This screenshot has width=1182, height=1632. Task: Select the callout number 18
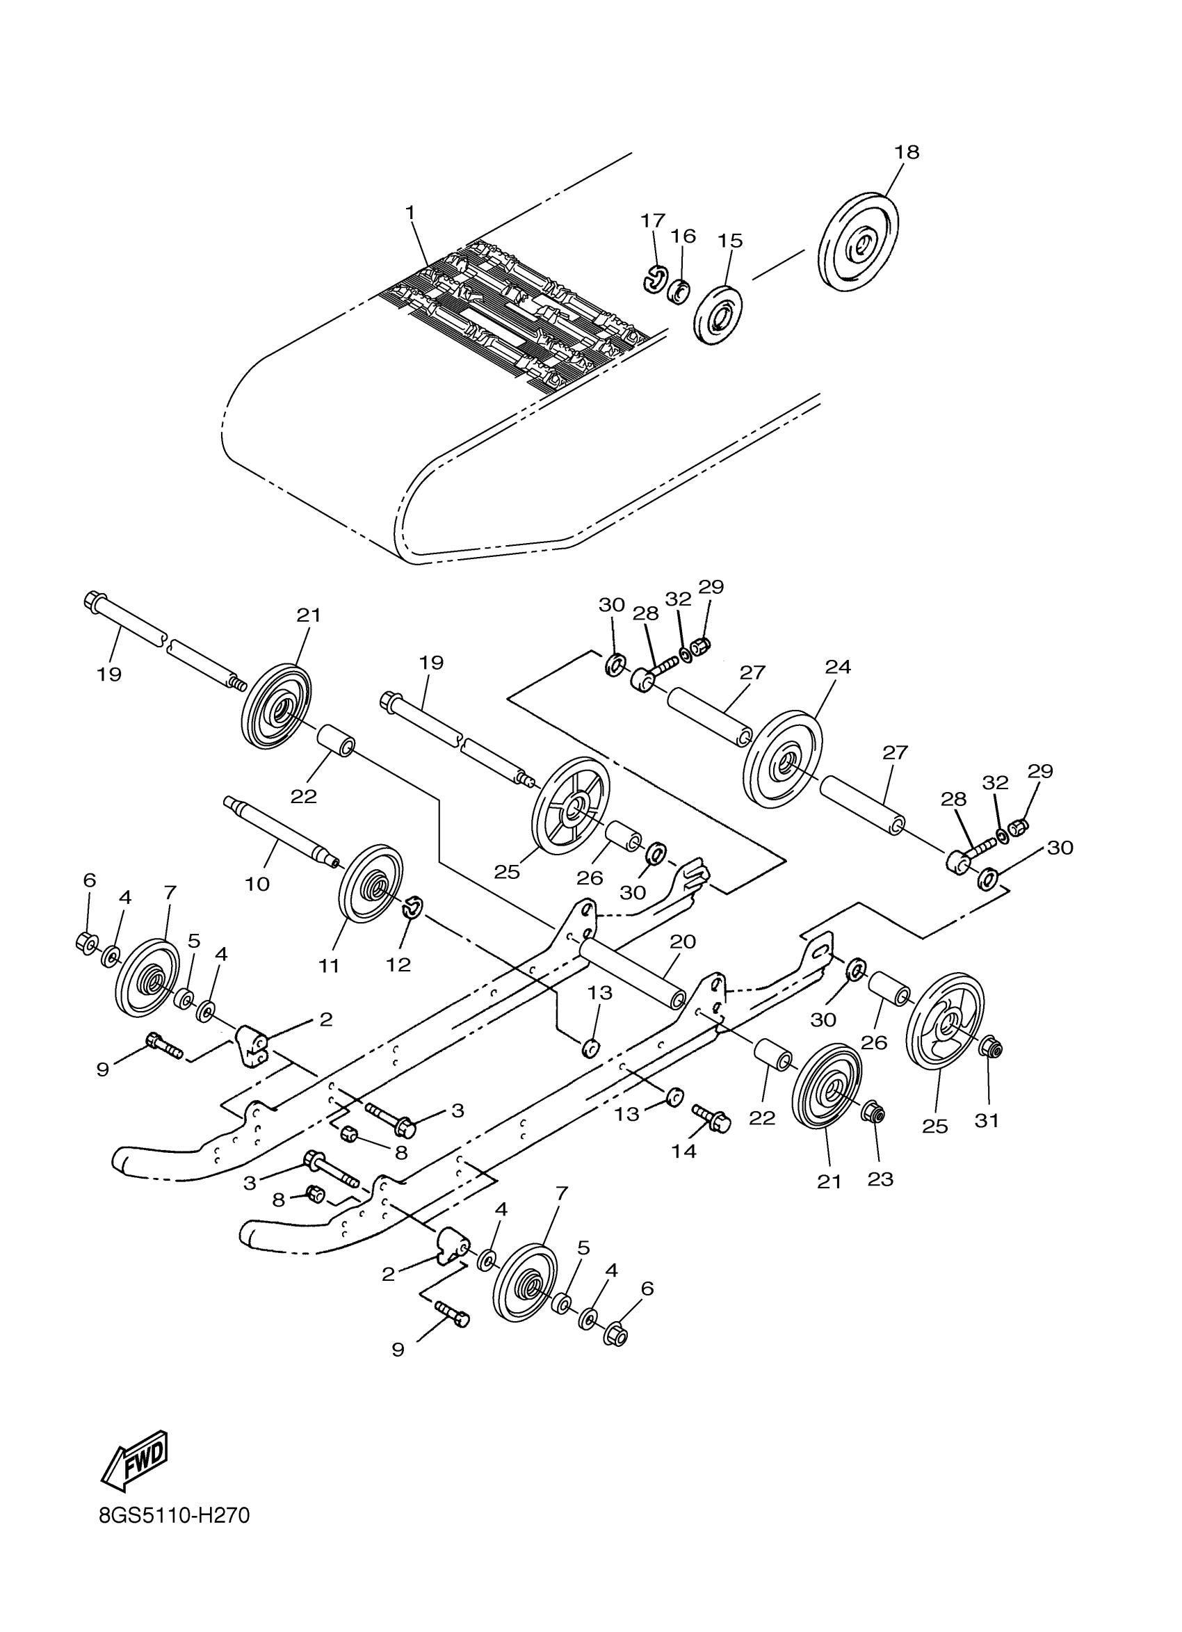tap(907, 152)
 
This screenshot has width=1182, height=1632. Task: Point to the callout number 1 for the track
tap(410, 212)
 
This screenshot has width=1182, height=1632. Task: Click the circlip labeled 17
tap(655, 278)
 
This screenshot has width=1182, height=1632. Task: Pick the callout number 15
tap(730, 241)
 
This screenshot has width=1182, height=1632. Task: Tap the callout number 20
tap(683, 942)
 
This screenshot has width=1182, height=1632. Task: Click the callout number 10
tap(257, 883)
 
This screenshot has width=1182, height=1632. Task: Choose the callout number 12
tap(398, 964)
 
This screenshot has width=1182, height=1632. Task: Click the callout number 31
tap(987, 1120)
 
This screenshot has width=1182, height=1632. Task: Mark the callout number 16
tap(683, 236)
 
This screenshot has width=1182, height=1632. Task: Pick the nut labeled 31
tap(991, 1050)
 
